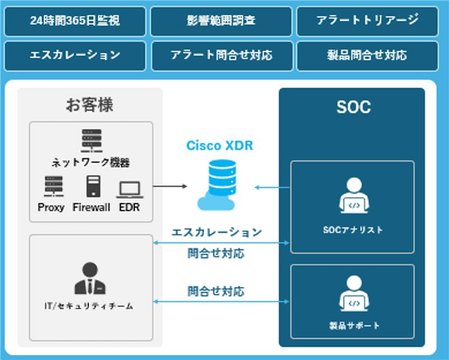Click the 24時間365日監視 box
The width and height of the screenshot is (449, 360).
click(75, 21)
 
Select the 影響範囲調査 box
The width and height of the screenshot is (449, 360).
click(221, 21)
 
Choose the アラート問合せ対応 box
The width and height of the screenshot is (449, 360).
click(221, 55)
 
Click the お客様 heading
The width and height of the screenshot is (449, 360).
click(90, 105)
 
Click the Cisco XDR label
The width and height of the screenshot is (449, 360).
click(219, 146)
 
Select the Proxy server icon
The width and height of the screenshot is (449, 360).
click(53, 186)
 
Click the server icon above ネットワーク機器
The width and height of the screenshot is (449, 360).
click(91, 139)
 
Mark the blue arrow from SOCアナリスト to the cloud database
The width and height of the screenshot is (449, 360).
click(272, 187)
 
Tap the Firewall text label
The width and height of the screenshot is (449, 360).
click(91, 207)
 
